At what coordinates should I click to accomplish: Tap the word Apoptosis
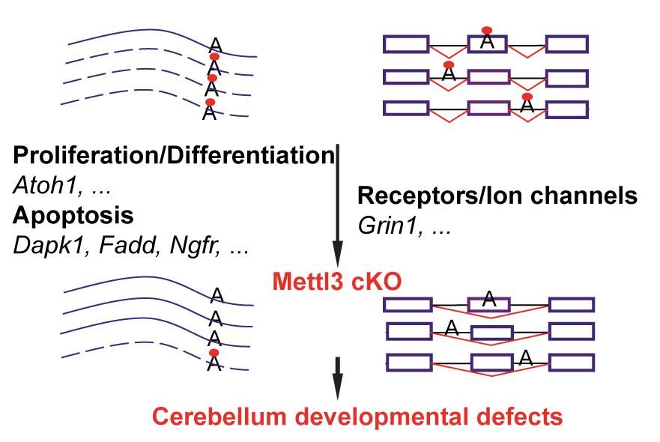(x=73, y=216)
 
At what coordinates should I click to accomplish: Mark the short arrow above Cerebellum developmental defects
(x=337, y=377)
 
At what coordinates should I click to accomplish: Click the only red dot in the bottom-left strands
(x=214, y=352)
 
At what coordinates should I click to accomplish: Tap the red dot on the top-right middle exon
(x=486, y=29)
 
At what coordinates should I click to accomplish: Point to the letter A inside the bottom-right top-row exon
(x=489, y=300)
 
